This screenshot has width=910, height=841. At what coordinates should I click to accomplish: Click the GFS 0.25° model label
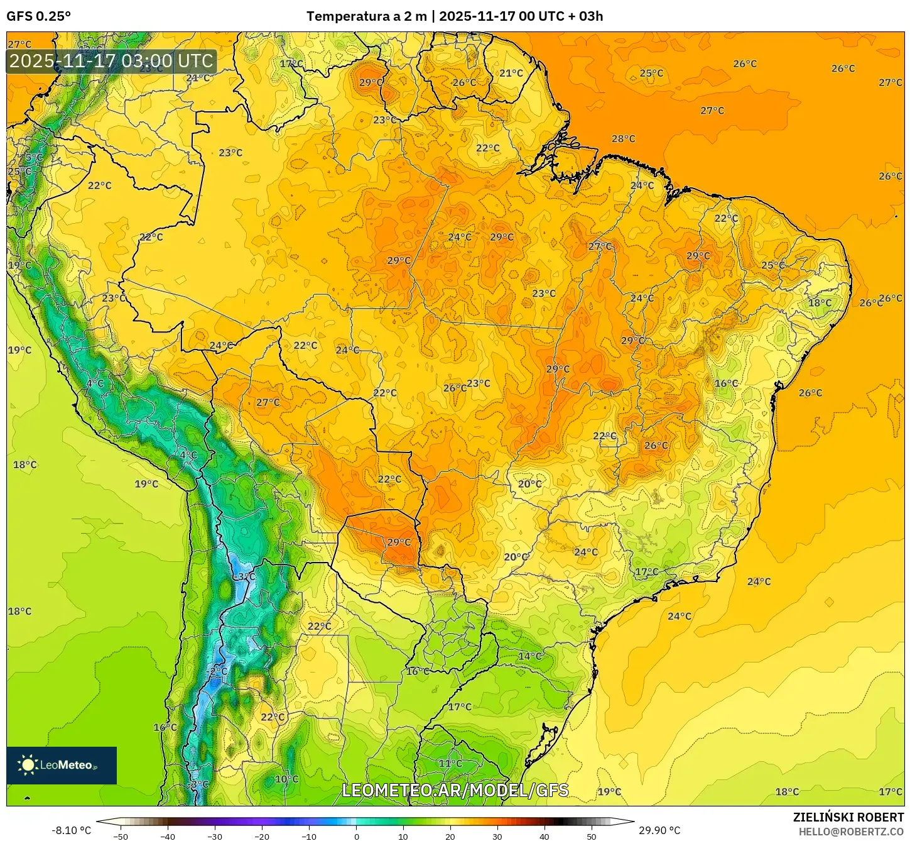(38, 16)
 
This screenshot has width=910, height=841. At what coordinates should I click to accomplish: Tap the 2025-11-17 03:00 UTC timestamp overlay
(111, 62)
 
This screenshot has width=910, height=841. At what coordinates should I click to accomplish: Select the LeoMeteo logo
(61, 765)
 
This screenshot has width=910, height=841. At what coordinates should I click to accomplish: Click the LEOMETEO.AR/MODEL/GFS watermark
(455, 790)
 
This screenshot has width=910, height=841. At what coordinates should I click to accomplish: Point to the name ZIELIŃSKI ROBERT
(848, 817)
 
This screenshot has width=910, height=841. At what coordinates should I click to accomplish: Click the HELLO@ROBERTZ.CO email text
(851, 832)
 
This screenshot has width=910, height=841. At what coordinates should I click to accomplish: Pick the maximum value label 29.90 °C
(659, 830)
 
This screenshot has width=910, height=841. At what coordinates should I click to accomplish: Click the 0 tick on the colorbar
(356, 837)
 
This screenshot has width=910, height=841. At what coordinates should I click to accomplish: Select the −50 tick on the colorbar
(121, 837)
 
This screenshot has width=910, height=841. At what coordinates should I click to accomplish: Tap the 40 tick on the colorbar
(544, 837)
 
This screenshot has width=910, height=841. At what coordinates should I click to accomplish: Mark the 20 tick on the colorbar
(450, 837)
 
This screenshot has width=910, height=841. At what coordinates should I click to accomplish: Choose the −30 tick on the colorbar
(215, 837)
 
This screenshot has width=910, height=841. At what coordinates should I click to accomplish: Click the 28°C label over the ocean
(623, 139)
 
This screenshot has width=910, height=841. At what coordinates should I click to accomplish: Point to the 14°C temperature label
(529, 656)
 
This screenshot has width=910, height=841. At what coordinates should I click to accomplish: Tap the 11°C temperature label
(450, 764)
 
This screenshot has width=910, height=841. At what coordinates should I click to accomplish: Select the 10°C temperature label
(286, 779)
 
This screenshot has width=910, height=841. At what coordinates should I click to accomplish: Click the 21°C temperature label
(511, 74)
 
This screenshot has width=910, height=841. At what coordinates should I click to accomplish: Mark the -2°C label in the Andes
(217, 671)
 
